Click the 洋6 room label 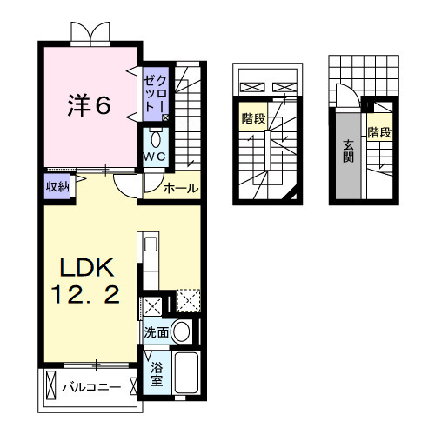click(89, 105)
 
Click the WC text click(155, 157)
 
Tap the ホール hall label click(180, 187)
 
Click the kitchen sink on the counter click(147, 244)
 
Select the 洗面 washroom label click(157, 332)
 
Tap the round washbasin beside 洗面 click(182, 331)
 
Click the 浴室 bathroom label click(157, 374)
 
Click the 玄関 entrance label click(348, 151)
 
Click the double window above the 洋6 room click(91, 33)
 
